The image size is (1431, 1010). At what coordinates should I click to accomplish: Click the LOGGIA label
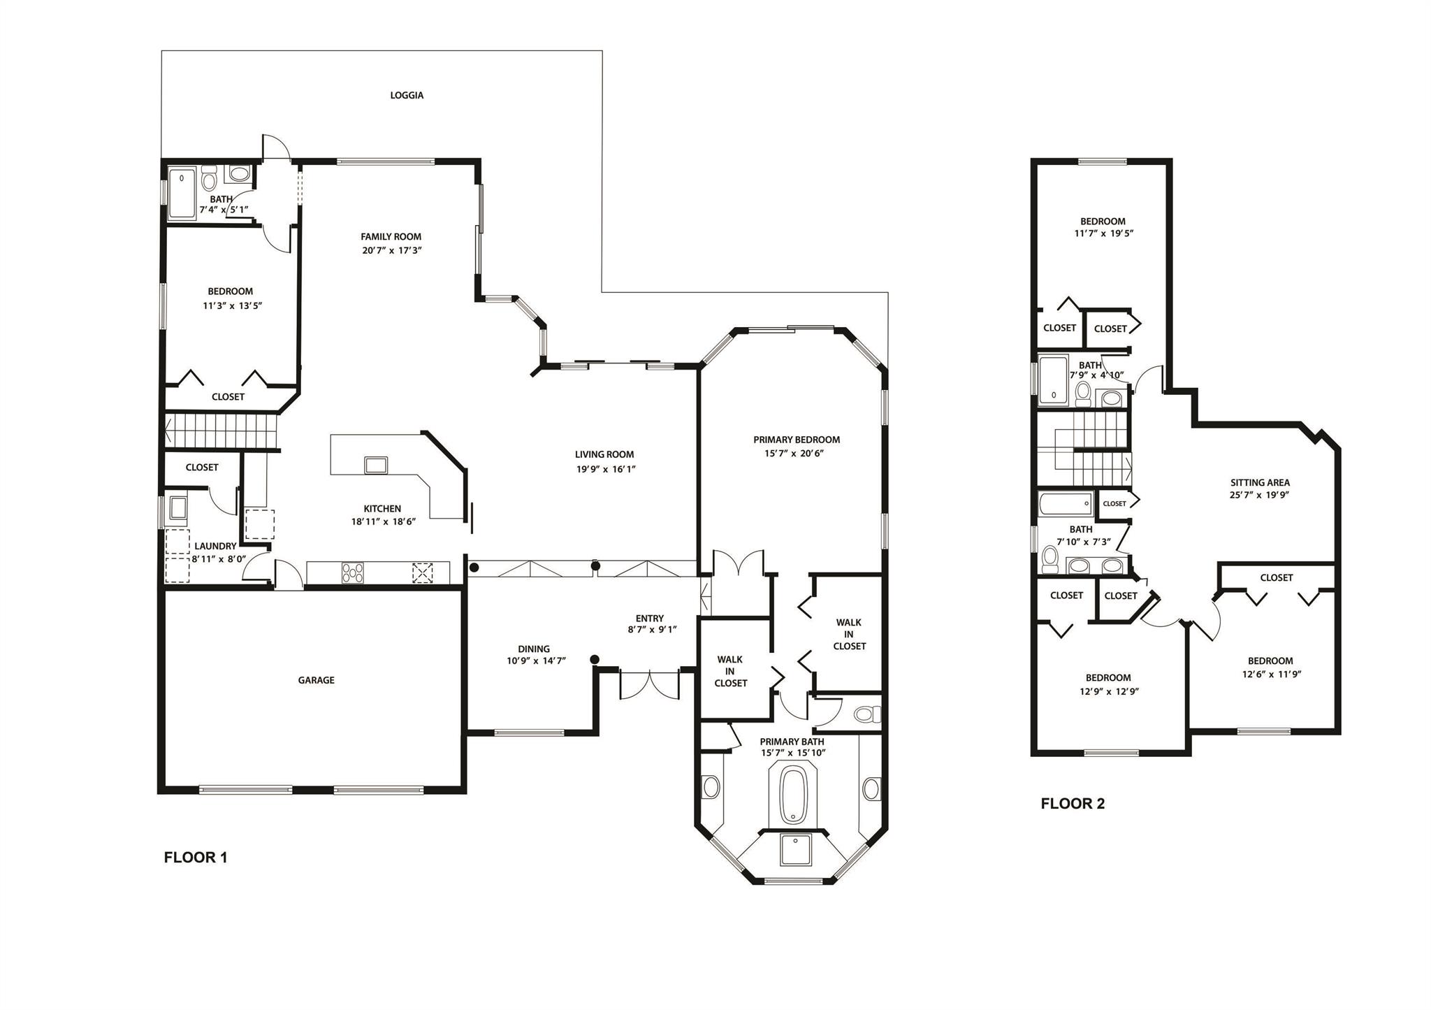(x=407, y=95)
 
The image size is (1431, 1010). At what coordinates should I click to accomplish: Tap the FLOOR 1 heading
(x=196, y=858)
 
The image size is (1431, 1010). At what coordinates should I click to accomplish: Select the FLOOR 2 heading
(x=1073, y=804)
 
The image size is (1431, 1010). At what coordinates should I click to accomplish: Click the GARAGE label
(x=316, y=680)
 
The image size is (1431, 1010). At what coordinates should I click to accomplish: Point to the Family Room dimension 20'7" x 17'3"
(x=392, y=250)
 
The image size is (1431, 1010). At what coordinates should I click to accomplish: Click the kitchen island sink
(x=376, y=465)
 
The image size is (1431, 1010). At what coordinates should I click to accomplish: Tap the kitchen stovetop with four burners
(x=353, y=572)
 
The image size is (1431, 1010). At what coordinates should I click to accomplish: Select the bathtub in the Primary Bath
(x=792, y=795)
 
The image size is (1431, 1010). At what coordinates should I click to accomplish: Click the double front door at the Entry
(x=649, y=685)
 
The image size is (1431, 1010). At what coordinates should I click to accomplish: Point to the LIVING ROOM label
(x=604, y=454)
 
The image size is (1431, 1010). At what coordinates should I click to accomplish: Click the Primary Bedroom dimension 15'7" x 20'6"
(x=796, y=453)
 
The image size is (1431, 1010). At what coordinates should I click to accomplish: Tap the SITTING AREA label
(x=1260, y=482)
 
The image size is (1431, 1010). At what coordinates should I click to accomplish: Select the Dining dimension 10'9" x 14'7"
(x=536, y=661)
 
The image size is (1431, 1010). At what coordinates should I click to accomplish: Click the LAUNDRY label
(x=215, y=547)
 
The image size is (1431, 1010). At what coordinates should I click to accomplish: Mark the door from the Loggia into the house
(x=275, y=147)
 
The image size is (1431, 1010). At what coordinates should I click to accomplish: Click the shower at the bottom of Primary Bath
(x=792, y=850)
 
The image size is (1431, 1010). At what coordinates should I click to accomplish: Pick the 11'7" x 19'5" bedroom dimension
(x=1103, y=233)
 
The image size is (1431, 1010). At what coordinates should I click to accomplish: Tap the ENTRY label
(x=649, y=618)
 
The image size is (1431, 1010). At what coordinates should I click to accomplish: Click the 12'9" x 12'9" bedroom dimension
(x=1108, y=691)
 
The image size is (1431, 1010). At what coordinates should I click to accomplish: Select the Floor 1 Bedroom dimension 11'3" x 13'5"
(x=232, y=305)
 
